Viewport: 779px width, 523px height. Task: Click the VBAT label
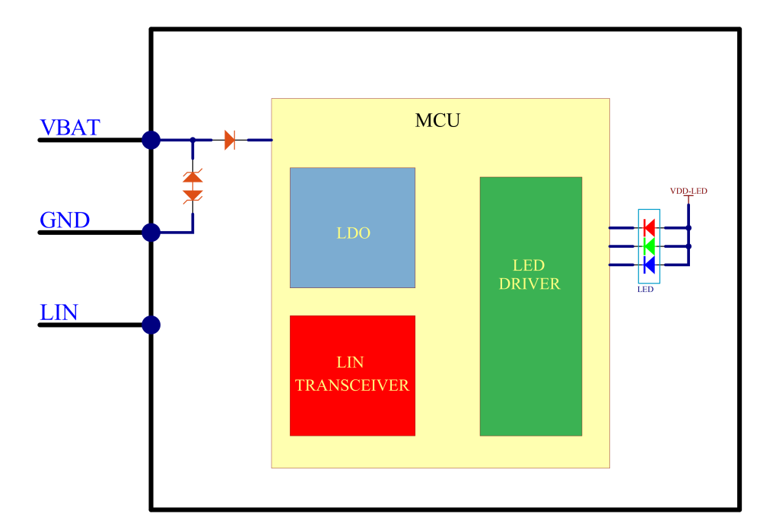[x=69, y=128]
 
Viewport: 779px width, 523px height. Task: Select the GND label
[x=65, y=220]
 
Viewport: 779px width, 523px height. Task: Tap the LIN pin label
[x=59, y=312]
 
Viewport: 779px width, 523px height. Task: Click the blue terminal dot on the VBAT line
[x=151, y=140]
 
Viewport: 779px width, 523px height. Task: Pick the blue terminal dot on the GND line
[x=151, y=233]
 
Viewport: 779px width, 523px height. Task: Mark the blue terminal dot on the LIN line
[x=151, y=325]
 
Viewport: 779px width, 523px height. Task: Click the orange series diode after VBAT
[x=230, y=140]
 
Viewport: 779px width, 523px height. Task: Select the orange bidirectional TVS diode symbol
[x=192, y=186]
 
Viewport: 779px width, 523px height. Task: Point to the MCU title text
[x=437, y=121]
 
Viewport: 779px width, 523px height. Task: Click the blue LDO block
[x=352, y=227]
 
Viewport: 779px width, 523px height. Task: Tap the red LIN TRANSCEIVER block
[x=352, y=376]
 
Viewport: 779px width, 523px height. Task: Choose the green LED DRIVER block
[x=530, y=306]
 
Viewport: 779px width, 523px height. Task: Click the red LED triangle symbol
[x=649, y=227]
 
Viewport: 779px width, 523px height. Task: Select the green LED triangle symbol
[x=649, y=246]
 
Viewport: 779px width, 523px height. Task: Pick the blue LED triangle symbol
[x=649, y=264]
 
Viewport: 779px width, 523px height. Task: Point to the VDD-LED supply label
[x=688, y=192]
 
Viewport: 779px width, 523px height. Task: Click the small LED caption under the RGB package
[x=646, y=290]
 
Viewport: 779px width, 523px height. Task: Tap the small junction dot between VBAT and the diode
[x=192, y=140]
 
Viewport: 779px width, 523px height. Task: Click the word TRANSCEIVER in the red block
[x=352, y=385]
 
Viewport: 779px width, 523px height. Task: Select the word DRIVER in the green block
[x=529, y=284]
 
